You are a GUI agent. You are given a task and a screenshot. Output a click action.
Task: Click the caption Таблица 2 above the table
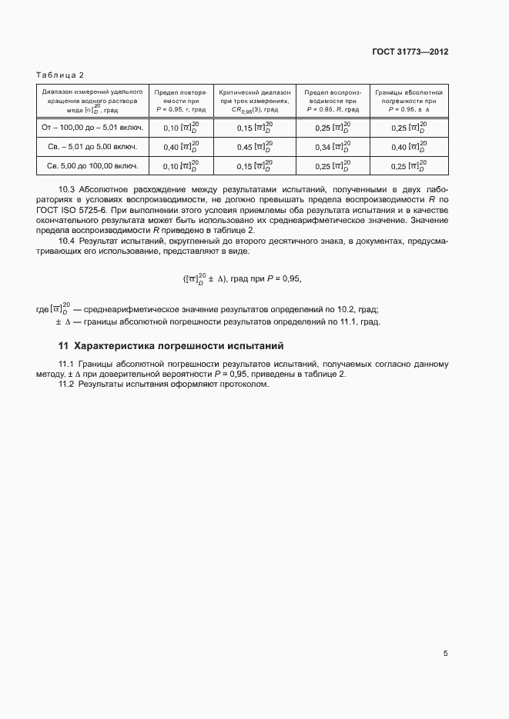(x=60, y=75)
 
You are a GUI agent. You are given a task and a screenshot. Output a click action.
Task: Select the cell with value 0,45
(x=253, y=146)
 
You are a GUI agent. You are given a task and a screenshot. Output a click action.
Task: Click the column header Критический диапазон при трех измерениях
(x=255, y=100)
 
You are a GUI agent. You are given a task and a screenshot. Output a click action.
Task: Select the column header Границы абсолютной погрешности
(x=408, y=100)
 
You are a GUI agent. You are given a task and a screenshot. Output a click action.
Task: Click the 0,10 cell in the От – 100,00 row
(x=181, y=128)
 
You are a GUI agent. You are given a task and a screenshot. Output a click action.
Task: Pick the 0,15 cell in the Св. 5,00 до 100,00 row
(x=253, y=165)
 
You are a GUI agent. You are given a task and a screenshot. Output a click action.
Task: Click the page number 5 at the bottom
(x=445, y=654)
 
